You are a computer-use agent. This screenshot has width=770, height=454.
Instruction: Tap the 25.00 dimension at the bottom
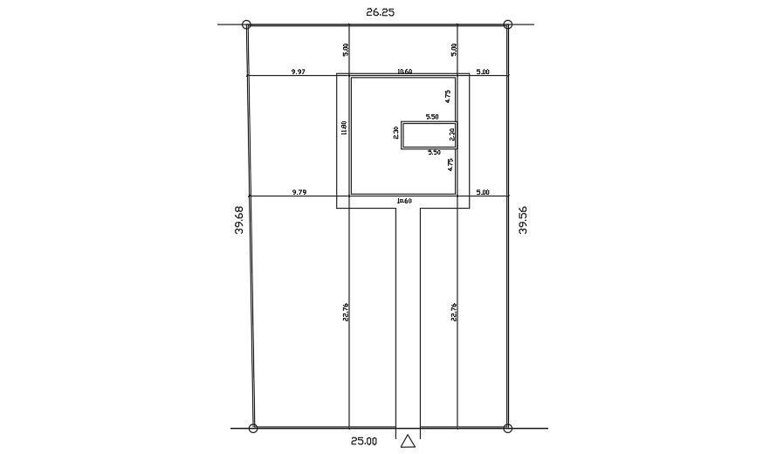[363, 441]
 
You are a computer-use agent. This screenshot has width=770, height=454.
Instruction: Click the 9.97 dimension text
[299, 72]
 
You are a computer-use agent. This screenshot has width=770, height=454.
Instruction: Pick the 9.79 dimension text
[299, 191]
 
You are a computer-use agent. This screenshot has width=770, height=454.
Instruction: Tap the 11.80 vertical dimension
[344, 128]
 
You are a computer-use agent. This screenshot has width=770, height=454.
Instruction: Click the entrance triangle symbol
[408, 442]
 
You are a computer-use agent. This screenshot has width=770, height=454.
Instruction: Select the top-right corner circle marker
[508, 25]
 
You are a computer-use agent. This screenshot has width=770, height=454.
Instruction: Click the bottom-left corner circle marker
[253, 428]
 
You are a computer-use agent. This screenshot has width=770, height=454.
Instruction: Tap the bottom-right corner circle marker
[508, 428]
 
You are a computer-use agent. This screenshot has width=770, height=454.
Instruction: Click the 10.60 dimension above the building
[404, 72]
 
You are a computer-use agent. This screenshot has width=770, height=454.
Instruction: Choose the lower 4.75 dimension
[450, 163]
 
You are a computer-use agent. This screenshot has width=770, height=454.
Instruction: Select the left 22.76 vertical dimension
[346, 312]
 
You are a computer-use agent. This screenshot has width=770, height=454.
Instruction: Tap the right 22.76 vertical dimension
[454, 312]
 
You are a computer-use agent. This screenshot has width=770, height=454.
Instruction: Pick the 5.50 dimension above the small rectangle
[432, 116]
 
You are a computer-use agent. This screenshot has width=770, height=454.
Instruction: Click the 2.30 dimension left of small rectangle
[396, 134]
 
